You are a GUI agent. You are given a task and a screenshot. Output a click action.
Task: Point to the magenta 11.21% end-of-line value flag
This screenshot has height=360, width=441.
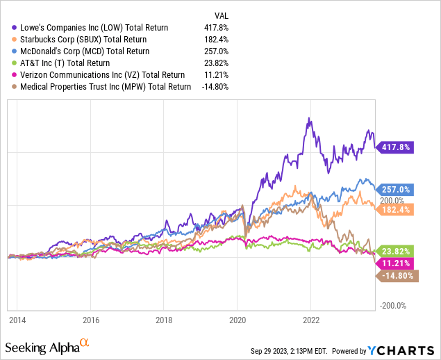point(397,263)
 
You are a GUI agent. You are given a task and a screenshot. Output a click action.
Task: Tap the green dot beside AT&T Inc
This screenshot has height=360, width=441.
point(7,63)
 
